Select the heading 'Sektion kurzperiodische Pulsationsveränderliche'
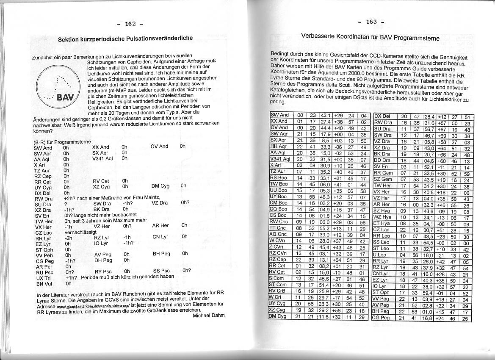click(125, 39)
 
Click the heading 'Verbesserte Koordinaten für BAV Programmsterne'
click(370, 37)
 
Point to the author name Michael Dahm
click(208, 315)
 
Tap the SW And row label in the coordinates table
click(279, 115)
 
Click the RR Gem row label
click(383, 173)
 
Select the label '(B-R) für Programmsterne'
click(64, 142)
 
